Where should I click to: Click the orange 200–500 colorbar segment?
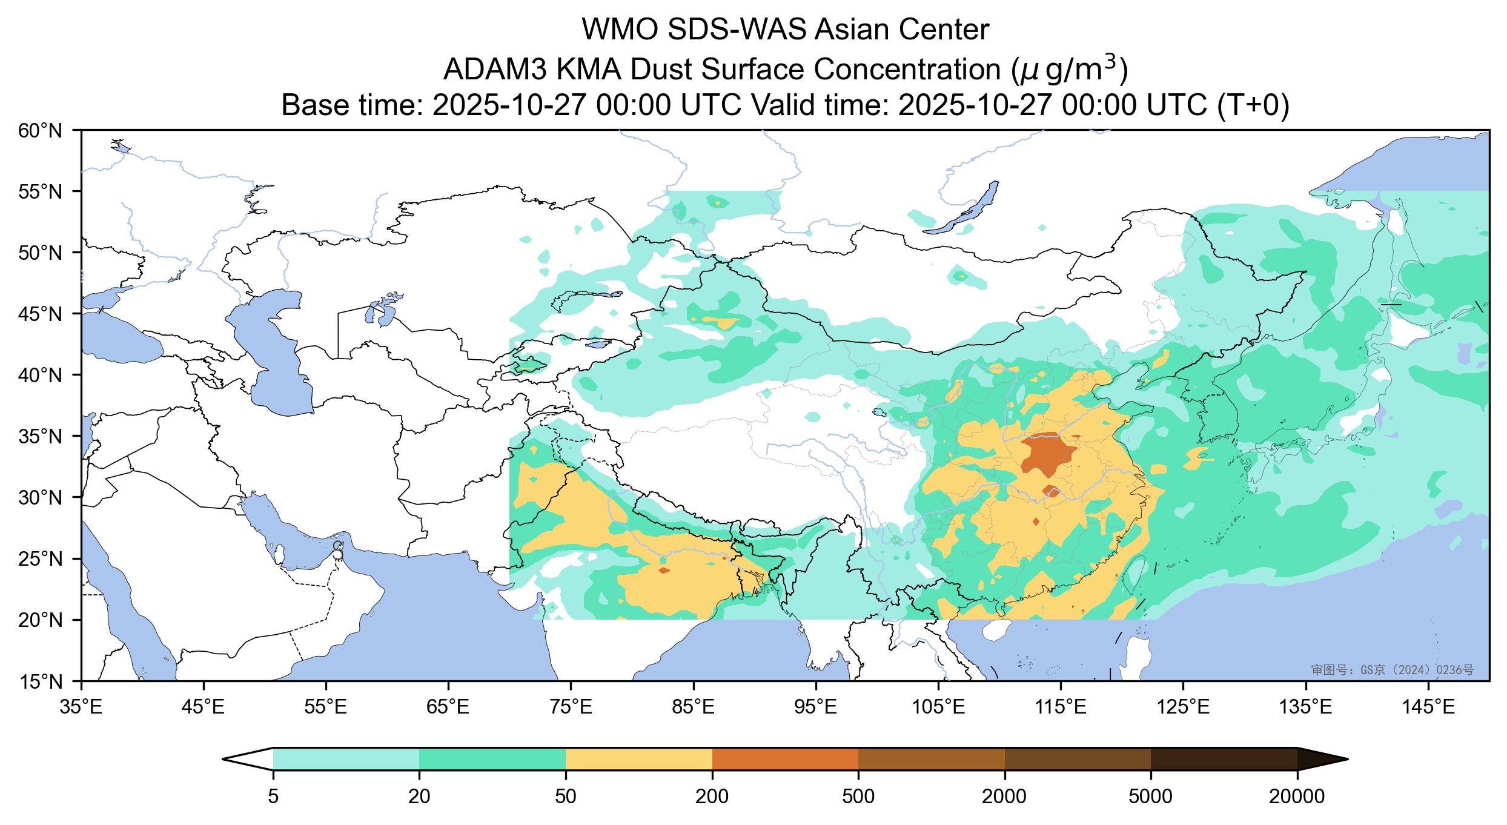785,759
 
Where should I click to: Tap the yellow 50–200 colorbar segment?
638,759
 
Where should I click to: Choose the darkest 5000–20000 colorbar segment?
1224,759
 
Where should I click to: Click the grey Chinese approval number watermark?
1392,669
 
